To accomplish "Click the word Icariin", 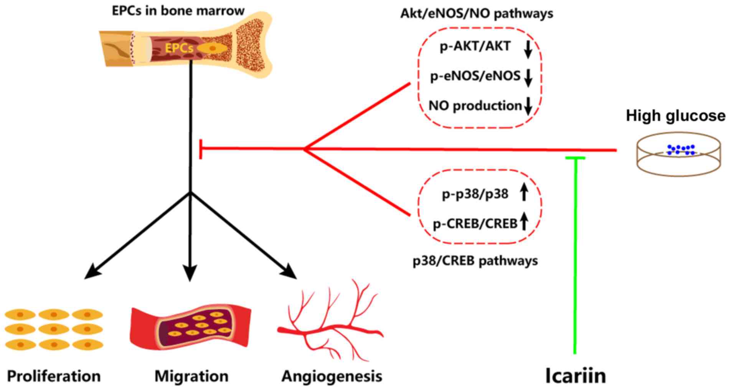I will pos(576,376).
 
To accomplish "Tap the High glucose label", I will pos(675,116).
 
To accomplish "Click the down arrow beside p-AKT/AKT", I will pos(528,49).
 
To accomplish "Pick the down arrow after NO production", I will pos(528,106).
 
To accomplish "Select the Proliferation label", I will pos(54,376).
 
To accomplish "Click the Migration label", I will pos(191,376).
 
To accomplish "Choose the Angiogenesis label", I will pos(332,376).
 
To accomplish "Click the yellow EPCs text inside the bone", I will pos(179,48).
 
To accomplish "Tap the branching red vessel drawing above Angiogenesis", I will pos(330,322).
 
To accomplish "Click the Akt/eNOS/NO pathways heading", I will pos(477,14).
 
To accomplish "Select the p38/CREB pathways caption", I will pos(475,261).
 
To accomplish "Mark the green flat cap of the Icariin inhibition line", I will pos(575,158).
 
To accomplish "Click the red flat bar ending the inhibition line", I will pos(200,149).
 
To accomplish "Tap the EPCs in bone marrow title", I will pos(178,11).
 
